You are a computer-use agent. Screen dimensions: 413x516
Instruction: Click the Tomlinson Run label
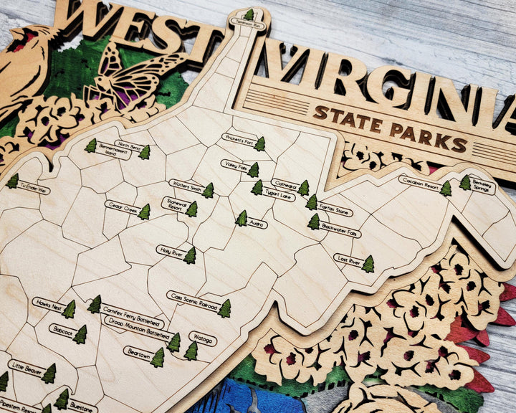(249, 25)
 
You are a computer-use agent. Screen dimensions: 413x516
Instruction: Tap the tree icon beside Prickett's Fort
(259, 144)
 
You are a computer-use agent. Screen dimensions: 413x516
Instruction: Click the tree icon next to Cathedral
(303, 188)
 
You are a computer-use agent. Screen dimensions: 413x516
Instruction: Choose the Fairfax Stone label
(335, 212)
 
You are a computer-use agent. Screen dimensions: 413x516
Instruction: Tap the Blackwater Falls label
(341, 232)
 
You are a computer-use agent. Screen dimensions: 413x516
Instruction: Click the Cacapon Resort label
(419, 181)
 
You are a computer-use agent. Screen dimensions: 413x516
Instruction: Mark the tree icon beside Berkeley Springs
(465, 183)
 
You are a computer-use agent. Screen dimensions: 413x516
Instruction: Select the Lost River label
(348, 259)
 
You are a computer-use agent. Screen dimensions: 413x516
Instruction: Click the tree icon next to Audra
(242, 218)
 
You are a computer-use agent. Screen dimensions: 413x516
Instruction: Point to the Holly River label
(171, 250)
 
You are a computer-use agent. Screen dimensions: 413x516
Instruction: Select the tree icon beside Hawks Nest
(69, 310)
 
